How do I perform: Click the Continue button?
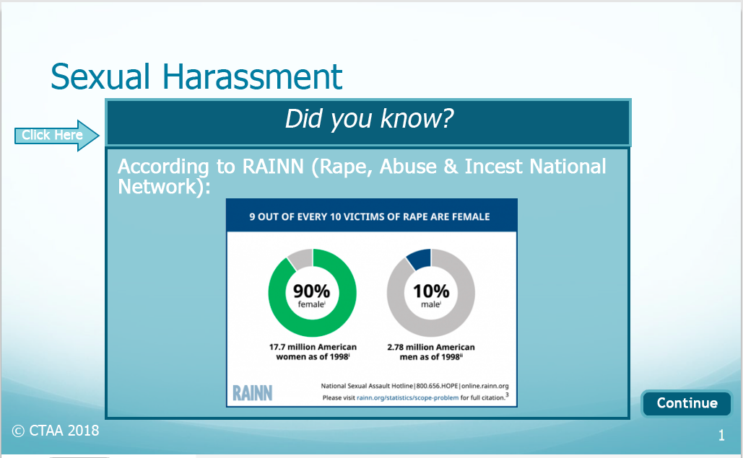click(686, 403)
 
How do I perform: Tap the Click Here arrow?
click(56, 136)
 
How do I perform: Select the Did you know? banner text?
click(369, 118)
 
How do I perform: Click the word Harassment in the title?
click(253, 76)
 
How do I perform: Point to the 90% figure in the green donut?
click(311, 291)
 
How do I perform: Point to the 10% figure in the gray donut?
click(431, 291)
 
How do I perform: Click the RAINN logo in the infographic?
click(253, 393)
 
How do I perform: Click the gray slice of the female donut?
click(300, 259)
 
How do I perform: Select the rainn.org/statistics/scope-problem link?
click(407, 398)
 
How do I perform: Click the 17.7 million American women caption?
click(313, 352)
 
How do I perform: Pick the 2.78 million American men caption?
click(431, 352)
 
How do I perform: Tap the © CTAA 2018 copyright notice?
click(56, 431)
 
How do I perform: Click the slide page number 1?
click(721, 436)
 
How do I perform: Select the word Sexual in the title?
click(100, 76)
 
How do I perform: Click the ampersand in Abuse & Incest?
click(450, 167)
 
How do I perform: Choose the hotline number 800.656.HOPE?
click(438, 386)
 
